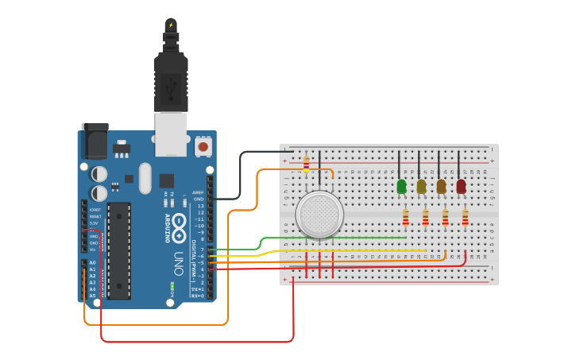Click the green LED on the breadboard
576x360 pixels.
click(x=401, y=186)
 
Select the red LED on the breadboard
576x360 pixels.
click(x=461, y=186)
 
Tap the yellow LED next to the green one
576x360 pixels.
click(x=421, y=186)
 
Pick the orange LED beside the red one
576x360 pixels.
click(x=441, y=186)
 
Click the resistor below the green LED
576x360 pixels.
click(x=406, y=217)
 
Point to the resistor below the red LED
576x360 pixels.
click(x=466, y=217)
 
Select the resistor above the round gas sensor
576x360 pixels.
click(x=307, y=163)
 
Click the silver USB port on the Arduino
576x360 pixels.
click(x=171, y=134)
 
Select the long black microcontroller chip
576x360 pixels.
click(x=119, y=250)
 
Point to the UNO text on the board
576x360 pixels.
click(x=179, y=263)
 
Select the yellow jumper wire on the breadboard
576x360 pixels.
click(x=350, y=251)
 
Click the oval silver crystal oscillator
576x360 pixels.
click(x=145, y=178)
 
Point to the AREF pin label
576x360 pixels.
click(x=198, y=192)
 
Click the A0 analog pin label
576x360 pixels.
click(x=92, y=262)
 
